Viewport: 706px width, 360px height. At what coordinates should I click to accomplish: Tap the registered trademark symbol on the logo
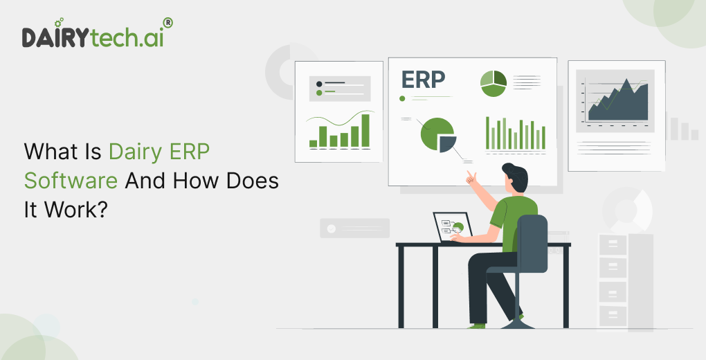coord(167,23)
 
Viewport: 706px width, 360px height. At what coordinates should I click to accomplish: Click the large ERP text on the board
coord(423,80)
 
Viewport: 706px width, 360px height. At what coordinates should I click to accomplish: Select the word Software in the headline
coord(71,181)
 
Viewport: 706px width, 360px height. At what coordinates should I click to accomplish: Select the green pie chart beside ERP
coord(494,83)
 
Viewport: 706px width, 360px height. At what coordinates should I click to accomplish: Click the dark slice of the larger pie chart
coord(447,143)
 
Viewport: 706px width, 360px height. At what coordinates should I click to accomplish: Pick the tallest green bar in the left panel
coord(365,130)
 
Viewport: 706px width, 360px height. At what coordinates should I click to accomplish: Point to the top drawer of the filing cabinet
coord(613,244)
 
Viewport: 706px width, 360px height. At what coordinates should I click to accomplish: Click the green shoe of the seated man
coord(476,325)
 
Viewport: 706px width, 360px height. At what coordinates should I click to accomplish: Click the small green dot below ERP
coord(402,98)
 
